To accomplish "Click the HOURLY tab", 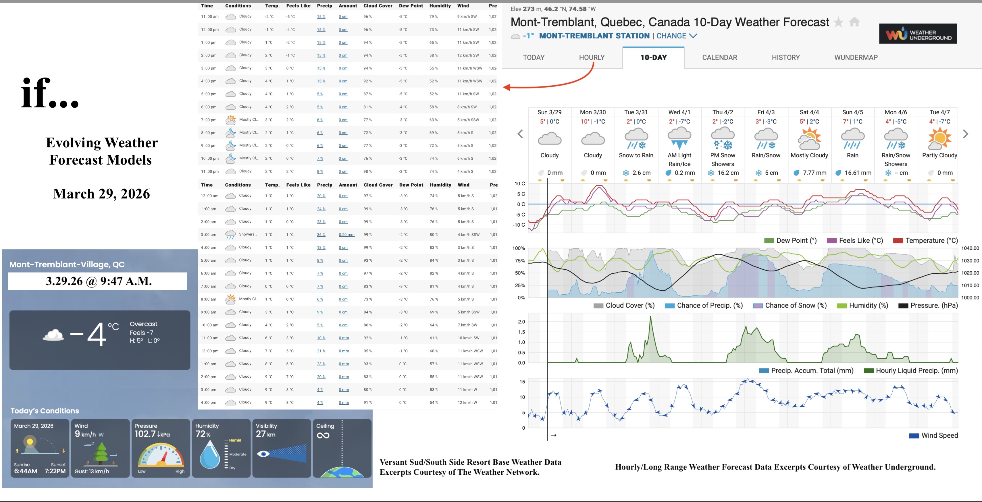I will [592, 57].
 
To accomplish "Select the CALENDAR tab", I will [719, 57].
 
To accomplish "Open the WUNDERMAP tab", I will [856, 57].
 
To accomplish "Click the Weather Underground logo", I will [918, 34].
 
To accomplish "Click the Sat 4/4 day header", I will [809, 112].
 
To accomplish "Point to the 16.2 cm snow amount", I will [728, 173].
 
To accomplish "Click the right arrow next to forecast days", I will [965, 134].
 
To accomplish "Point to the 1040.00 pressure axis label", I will [970, 248].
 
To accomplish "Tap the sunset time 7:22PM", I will [55, 471].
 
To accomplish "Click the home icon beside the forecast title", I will [854, 22].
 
